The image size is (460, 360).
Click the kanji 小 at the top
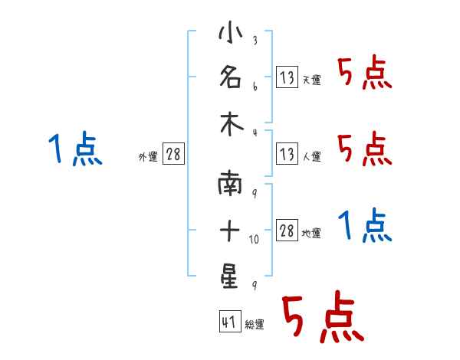tap(231, 32)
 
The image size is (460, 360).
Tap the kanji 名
tap(231, 77)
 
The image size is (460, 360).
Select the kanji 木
tap(232, 124)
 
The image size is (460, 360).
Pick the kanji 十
tap(230, 230)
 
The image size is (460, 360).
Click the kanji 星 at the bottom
tap(229, 276)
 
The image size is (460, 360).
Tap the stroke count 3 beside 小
tap(255, 40)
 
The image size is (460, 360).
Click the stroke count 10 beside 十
tap(254, 239)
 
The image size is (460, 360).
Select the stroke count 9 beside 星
tap(255, 285)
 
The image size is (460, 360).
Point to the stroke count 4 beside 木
tap(255, 133)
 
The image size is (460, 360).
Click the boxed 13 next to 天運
tap(287, 77)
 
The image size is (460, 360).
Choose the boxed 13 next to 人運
tap(287, 153)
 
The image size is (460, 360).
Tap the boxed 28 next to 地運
tap(287, 230)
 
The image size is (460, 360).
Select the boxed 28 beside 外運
tap(173, 153)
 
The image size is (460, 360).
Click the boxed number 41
tap(230, 321)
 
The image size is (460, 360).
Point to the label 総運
tap(255, 325)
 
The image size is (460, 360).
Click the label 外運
tap(148, 157)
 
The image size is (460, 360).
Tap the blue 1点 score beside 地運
tap(365, 225)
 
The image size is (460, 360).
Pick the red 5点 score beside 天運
tap(365, 73)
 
